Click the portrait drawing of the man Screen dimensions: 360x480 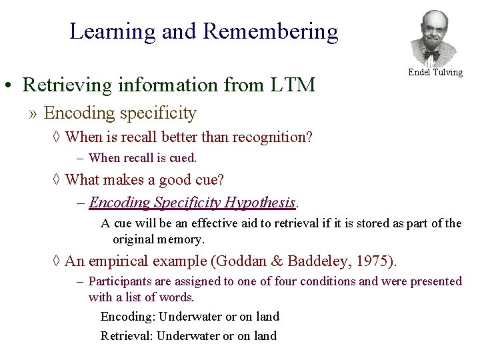(x=434, y=38)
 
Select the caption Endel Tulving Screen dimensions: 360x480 (x=435, y=72)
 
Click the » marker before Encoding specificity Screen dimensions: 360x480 (x=33, y=114)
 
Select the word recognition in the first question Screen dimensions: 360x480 (x=270, y=137)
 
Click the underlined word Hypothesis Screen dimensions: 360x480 (x=261, y=202)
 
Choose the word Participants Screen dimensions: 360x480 (x=121, y=281)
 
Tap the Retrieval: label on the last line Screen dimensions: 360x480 (x=127, y=336)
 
